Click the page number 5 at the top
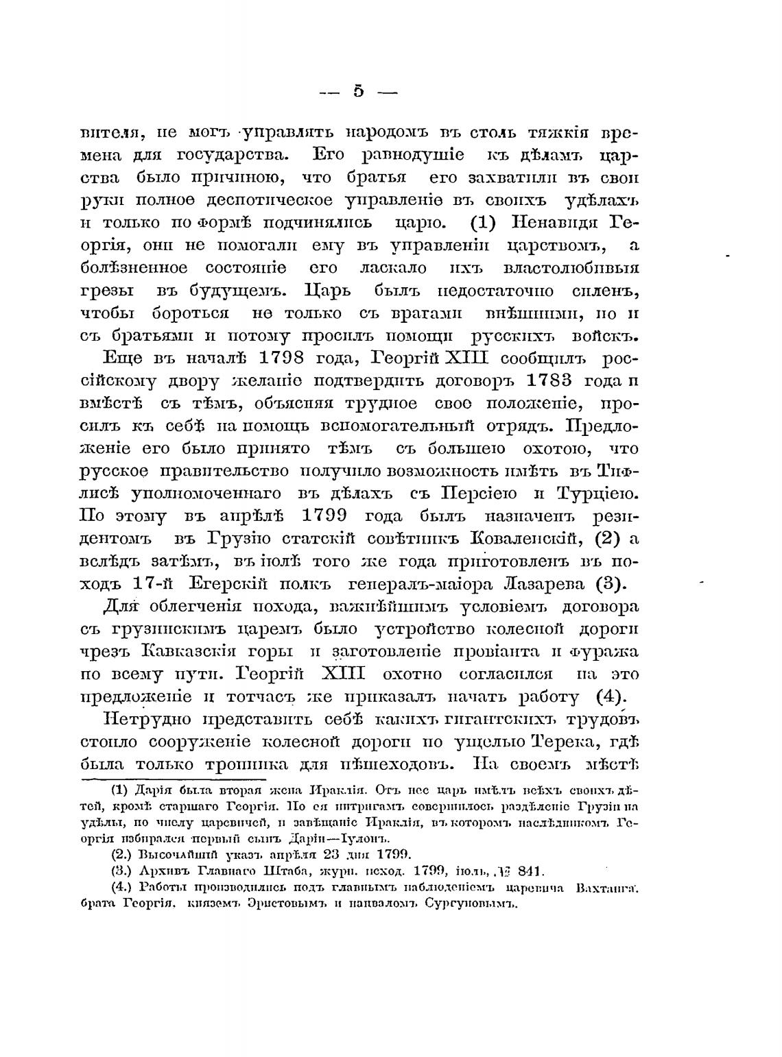pyautogui.click(x=358, y=91)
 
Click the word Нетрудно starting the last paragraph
pyautogui.click(x=146, y=720)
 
